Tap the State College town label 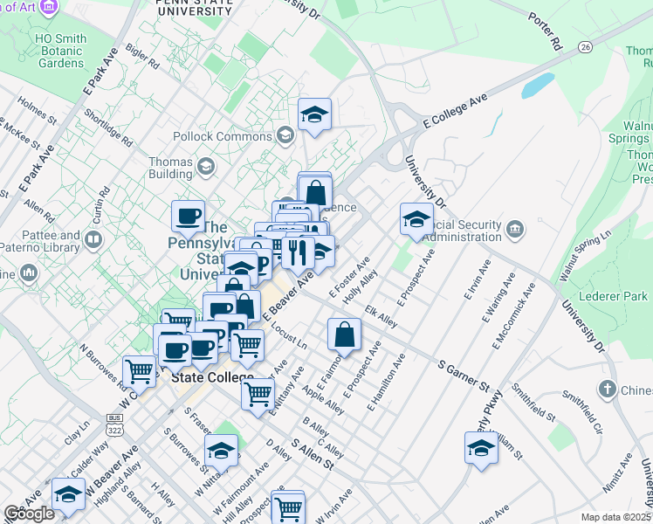[212, 378]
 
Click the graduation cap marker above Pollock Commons [314, 114]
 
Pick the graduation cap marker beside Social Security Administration [416, 218]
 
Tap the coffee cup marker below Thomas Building [188, 216]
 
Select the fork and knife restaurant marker [298, 252]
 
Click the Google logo [29, 514]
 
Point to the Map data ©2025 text [616, 517]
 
